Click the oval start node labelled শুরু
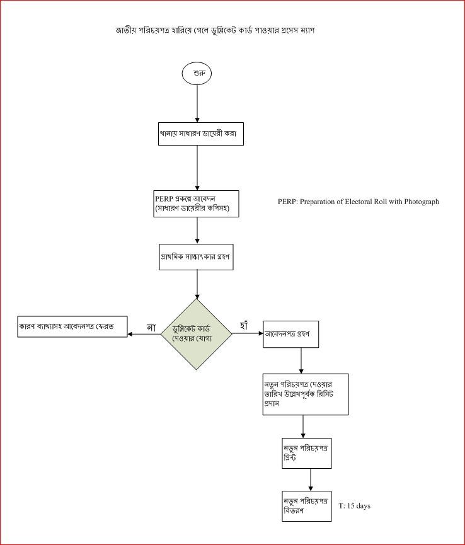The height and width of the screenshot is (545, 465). click(197, 73)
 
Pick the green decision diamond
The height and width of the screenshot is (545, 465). click(197, 334)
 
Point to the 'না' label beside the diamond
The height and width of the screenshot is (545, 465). click(151, 327)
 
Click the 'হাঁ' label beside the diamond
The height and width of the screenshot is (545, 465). click(244, 326)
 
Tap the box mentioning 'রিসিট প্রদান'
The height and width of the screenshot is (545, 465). click(306, 394)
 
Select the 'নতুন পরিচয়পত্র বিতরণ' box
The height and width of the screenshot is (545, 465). click(306, 505)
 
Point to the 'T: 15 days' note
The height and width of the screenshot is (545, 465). click(354, 506)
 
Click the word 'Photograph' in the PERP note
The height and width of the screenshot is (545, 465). click(418, 202)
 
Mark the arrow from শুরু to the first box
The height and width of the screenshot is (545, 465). click(197, 101)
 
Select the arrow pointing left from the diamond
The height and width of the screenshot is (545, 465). click(145, 334)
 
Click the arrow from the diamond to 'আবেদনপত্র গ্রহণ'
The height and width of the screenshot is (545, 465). click(248, 334)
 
